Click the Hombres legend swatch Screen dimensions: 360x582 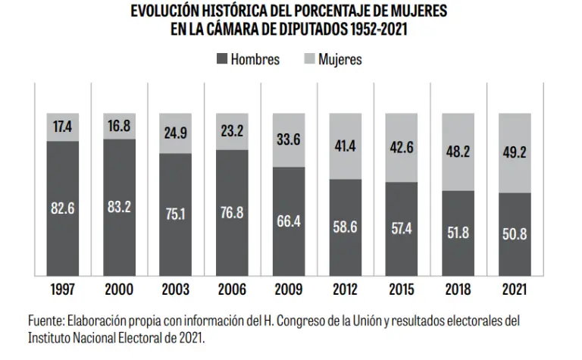pyautogui.click(x=222, y=59)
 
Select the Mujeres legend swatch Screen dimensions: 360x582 pyautogui.click(x=309, y=59)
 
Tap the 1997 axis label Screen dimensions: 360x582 pyautogui.click(x=63, y=290)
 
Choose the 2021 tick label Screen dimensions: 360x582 pyautogui.click(x=515, y=290)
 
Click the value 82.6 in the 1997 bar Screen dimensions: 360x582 pyautogui.click(x=63, y=207)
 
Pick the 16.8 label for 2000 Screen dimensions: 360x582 pyautogui.click(x=120, y=126)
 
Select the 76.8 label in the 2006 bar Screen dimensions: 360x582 pyautogui.click(x=233, y=213)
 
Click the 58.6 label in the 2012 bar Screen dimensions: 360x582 pyautogui.click(x=346, y=227)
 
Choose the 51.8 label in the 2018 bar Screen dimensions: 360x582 pyautogui.click(x=458, y=233)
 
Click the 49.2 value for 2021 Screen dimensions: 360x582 pyautogui.click(x=515, y=152)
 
